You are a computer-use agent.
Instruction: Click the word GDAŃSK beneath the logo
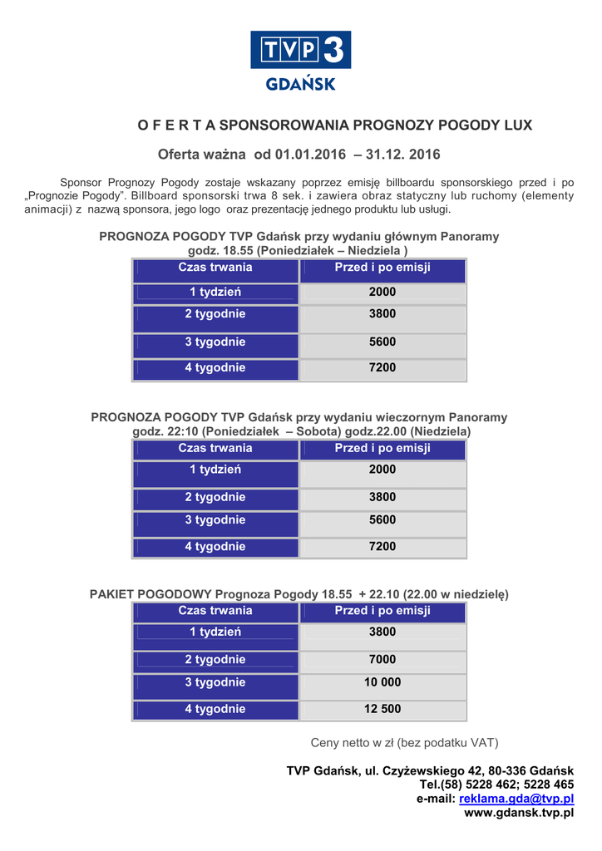tap(300, 84)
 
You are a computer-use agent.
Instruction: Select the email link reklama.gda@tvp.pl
tap(516, 799)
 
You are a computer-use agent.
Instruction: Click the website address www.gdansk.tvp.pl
tap(519, 813)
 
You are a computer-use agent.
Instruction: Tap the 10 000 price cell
tap(382, 682)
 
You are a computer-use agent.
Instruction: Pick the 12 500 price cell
tap(382, 709)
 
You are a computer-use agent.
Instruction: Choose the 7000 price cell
tap(382, 659)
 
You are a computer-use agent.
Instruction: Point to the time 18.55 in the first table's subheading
tap(237, 250)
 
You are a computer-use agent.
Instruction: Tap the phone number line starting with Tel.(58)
tap(496, 785)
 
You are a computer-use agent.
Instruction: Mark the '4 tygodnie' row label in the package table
tap(215, 709)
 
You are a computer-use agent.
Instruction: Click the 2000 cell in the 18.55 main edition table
tap(382, 293)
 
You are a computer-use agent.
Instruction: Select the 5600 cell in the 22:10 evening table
tap(382, 520)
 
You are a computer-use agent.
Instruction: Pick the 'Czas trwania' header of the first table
tap(215, 268)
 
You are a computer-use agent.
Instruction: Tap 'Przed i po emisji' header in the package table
tap(382, 611)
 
